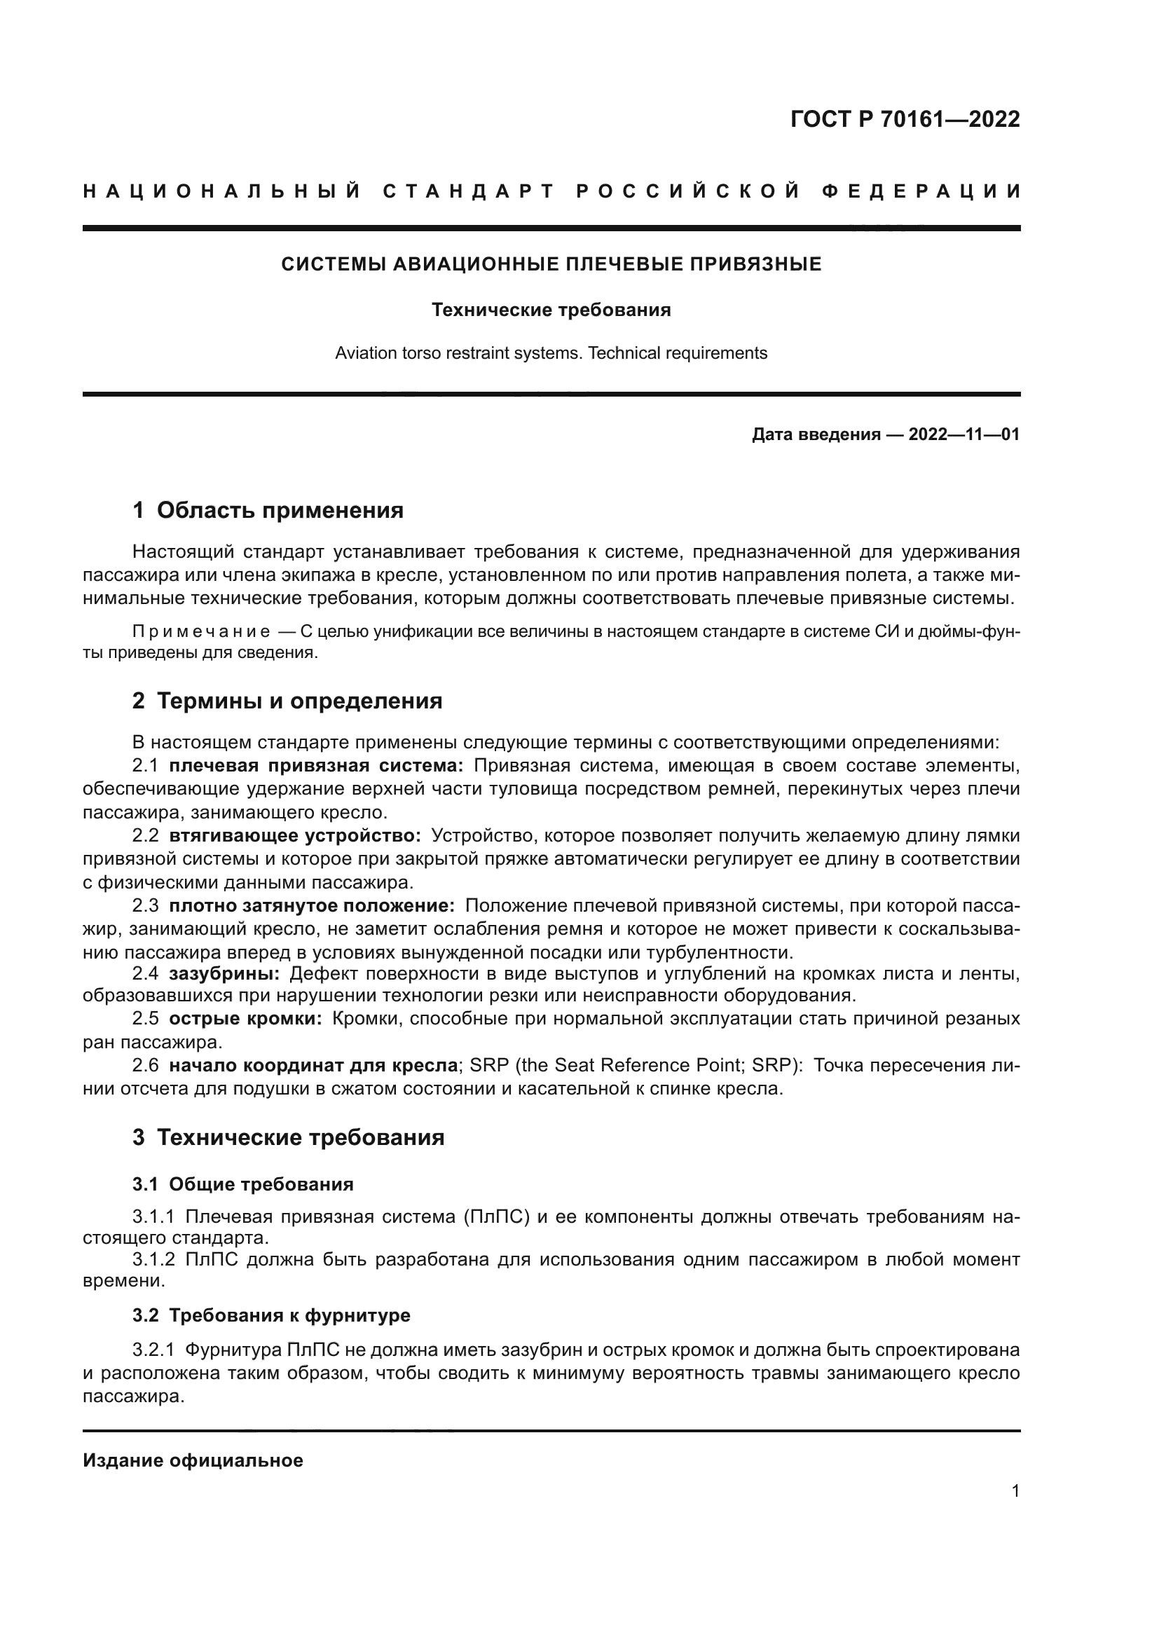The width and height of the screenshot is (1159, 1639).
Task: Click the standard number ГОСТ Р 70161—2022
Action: [905, 119]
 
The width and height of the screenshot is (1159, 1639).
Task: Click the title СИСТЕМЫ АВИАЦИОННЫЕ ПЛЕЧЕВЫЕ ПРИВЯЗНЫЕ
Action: [551, 265]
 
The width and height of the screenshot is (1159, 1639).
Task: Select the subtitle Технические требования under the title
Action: [551, 310]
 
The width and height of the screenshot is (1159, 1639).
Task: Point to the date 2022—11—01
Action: [963, 434]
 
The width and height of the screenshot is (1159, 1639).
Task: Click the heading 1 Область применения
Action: [268, 510]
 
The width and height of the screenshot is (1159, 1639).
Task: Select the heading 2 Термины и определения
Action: [287, 701]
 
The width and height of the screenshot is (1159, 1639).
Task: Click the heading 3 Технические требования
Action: [288, 1137]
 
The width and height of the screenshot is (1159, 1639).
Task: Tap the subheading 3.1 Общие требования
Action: [242, 1184]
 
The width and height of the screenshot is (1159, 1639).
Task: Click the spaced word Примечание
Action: [201, 633]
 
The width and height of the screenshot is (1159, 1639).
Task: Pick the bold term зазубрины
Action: [224, 974]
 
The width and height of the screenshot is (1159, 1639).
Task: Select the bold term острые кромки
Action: [245, 1020]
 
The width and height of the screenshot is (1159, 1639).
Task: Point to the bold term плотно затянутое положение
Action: [312, 906]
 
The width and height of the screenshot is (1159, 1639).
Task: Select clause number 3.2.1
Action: [153, 1350]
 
